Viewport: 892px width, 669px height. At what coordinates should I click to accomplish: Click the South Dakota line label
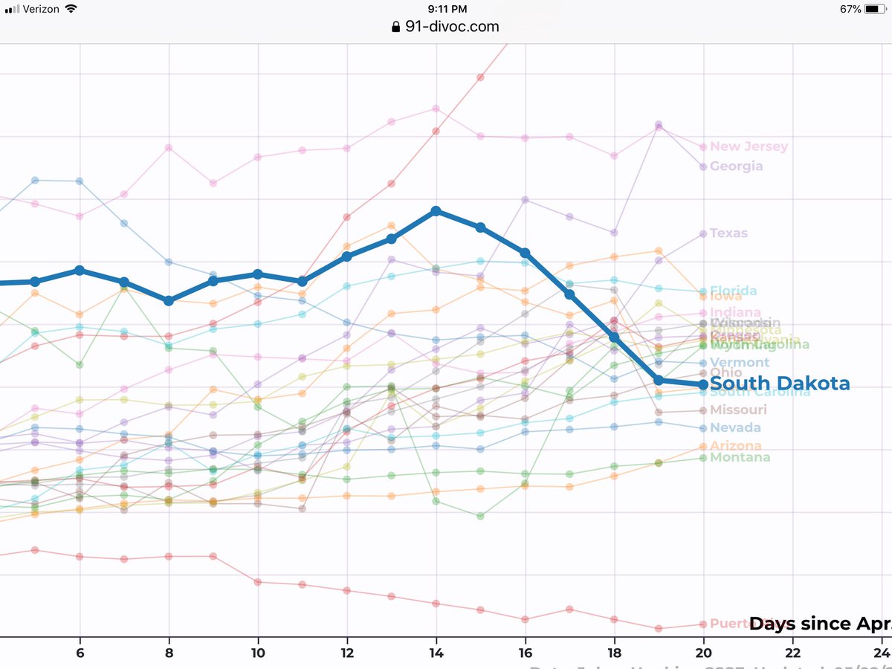click(x=780, y=384)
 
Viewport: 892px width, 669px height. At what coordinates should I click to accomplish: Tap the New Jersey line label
click(x=749, y=146)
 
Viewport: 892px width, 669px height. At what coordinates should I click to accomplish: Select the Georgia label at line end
click(x=736, y=166)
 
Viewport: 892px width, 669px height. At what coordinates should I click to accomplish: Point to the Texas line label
click(x=728, y=233)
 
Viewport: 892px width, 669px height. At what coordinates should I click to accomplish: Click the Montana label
click(x=740, y=457)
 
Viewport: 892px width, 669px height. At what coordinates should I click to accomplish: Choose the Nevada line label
click(x=735, y=427)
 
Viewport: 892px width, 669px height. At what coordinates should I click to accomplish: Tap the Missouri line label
click(x=738, y=410)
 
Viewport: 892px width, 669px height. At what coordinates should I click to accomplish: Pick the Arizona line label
click(x=736, y=445)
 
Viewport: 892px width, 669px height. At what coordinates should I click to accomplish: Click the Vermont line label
click(x=740, y=362)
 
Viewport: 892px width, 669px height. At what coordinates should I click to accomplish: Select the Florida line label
click(x=734, y=291)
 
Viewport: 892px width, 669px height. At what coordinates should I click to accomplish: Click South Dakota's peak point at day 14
click(x=436, y=211)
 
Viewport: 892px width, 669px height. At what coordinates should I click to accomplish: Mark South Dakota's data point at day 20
click(x=703, y=384)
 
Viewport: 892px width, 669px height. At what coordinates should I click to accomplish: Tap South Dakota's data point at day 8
click(x=169, y=300)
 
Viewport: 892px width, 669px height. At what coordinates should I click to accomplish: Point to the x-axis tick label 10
click(x=258, y=652)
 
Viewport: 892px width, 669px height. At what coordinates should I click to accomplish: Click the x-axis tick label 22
click(x=792, y=652)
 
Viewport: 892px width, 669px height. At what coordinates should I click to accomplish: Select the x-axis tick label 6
click(x=80, y=652)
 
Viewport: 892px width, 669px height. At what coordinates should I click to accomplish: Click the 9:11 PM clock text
click(x=447, y=9)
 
